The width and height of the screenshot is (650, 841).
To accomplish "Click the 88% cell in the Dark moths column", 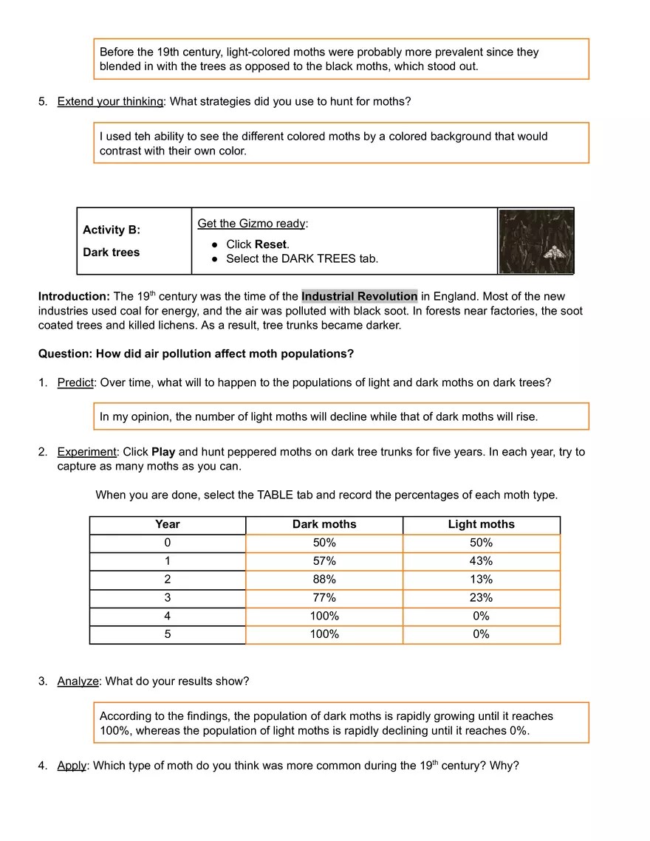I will (324, 580).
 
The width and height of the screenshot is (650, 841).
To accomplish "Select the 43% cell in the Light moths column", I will (481, 561).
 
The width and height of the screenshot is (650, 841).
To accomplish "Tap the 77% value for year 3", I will (324, 598).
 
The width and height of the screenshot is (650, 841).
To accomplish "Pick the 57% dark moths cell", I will (324, 561).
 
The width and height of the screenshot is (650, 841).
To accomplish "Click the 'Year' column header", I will (168, 524).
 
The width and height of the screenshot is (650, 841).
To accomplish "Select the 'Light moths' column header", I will (481, 524).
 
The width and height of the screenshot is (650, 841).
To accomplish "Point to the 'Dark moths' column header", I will (324, 524).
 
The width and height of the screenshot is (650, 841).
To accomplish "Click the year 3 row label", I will (168, 598).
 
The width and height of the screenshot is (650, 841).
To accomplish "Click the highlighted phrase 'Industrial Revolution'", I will (359, 297).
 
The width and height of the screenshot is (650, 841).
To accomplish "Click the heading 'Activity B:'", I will (112, 230).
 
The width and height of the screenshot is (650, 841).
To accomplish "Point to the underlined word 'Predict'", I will (75, 382).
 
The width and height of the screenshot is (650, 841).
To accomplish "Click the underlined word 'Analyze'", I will (78, 682).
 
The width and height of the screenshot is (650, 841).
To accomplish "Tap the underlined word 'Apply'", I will (72, 766).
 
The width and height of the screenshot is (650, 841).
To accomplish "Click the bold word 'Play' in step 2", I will (163, 452).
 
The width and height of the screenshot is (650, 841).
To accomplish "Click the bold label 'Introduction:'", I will (74, 297).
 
